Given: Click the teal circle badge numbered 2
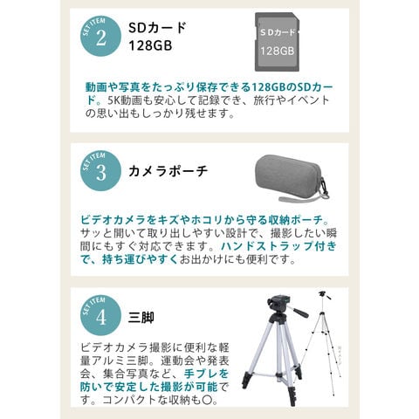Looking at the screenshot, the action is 100,37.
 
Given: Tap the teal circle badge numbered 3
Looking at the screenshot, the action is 100,171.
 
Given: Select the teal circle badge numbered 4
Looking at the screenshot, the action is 100,315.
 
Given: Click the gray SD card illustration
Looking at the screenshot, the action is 277,42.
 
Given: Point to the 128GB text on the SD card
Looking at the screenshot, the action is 277,52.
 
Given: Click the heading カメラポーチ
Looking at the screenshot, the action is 168,171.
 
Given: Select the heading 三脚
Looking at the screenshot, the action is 141,317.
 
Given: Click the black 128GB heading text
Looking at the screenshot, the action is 150,45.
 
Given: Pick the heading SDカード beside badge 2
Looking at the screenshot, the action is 157,28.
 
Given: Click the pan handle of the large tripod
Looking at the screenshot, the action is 299,311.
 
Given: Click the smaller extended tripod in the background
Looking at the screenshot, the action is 321,342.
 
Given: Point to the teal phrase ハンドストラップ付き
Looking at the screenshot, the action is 278,246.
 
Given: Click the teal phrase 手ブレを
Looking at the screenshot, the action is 206,374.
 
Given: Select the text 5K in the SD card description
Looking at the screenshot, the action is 113,100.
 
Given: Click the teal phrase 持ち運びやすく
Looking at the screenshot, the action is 140,259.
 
